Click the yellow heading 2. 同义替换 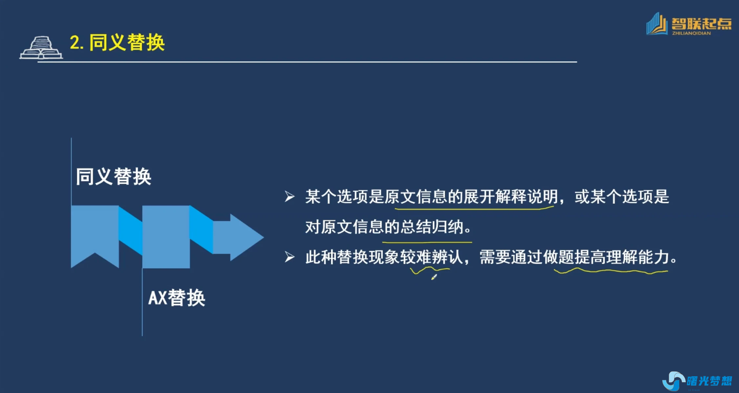(117, 42)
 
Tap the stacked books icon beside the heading (41, 48)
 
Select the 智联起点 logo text (701, 24)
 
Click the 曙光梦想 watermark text (709, 381)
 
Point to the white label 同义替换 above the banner (114, 176)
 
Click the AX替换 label (177, 298)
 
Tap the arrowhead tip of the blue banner (263, 237)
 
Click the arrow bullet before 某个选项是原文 (289, 196)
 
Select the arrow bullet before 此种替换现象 (289, 257)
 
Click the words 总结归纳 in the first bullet (432, 227)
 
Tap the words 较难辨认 (432, 257)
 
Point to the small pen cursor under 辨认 (434, 277)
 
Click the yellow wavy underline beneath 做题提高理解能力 (611, 271)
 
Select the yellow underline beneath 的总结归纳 (427, 242)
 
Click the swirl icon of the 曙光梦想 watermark (673, 381)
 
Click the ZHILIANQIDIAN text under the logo (691, 33)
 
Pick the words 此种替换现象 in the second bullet (352, 257)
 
